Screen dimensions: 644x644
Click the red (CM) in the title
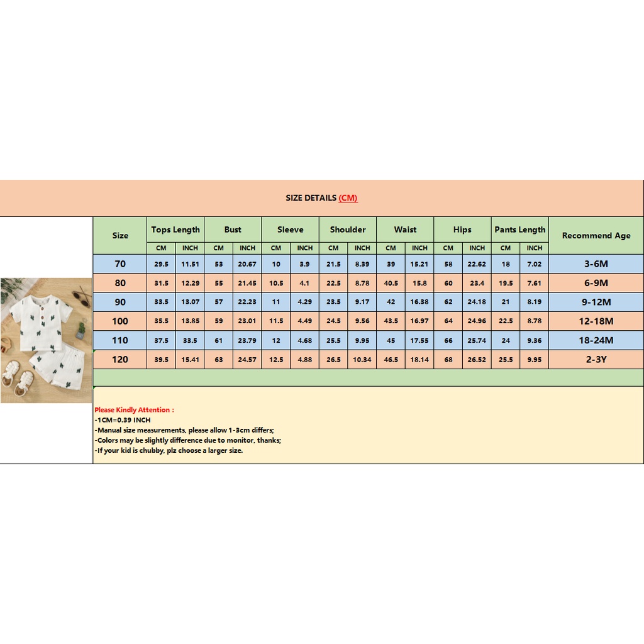point(348,198)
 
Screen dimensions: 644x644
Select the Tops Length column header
point(175,230)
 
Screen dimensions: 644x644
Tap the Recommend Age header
point(596,236)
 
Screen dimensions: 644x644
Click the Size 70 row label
point(120,264)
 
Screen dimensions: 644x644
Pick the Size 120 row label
point(120,360)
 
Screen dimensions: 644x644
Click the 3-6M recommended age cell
point(596,264)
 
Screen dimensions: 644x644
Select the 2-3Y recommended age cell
point(596,360)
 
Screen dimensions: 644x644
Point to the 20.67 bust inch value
point(247,264)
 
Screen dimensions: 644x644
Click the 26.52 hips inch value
point(477,360)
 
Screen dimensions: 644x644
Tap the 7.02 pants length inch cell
point(535,264)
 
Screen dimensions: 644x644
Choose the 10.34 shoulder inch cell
point(362,360)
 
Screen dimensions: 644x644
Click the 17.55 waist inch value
point(419,340)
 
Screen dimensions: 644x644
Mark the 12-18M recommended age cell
point(596,321)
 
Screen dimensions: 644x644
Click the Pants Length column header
point(519,230)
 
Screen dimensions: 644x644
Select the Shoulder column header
point(348,230)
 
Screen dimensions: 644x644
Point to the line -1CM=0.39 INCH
point(123,420)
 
